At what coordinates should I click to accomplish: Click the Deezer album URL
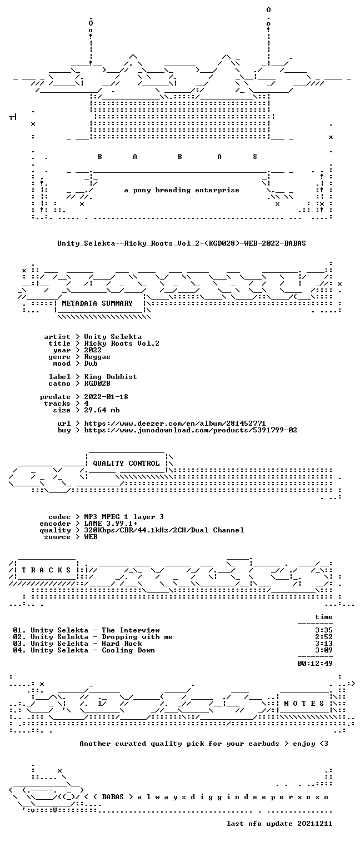tap(174, 423)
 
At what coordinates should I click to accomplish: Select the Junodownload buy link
tap(190, 430)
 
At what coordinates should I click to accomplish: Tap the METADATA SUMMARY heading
tap(97, 303)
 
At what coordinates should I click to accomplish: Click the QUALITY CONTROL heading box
tap(126, 463)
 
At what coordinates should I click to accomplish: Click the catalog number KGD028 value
tap(97, 383)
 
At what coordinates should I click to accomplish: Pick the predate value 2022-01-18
tap(106, 397)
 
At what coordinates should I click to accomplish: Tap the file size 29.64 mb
tap(102, 410)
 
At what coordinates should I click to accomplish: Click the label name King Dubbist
tap(111, 377)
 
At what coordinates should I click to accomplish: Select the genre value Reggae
tap(97, 357)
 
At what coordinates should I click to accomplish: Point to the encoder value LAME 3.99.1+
tap(111, 524)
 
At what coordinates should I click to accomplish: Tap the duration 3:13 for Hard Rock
tap(324, 644)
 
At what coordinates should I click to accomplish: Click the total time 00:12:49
tap(315, 663)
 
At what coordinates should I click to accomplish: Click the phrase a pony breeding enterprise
tap(182, 190)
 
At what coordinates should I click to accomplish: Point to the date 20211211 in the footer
tap(315, 824)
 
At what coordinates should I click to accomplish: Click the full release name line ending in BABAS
tap(182, 243)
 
